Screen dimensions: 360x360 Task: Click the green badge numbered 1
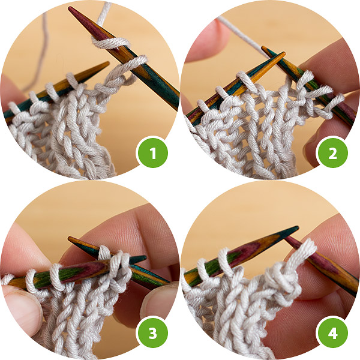pos(152,152)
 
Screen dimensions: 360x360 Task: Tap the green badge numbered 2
pos(332,152)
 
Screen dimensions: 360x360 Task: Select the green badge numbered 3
pos(152,332)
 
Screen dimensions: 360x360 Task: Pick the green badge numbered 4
pos(332,332)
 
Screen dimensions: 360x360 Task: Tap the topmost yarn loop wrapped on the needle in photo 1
pos(110,43)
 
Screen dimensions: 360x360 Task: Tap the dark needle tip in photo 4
pos(295,229)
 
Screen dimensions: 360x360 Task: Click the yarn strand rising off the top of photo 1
pos(104,14)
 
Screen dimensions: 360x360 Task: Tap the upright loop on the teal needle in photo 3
pos(104,253)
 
